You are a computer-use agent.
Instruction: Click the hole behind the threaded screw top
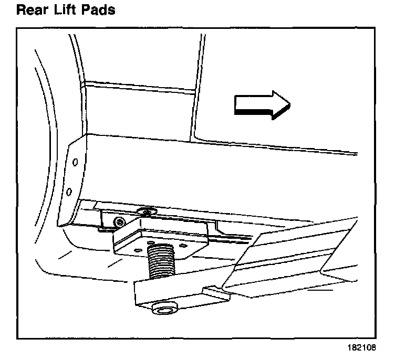pos(160,242)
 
